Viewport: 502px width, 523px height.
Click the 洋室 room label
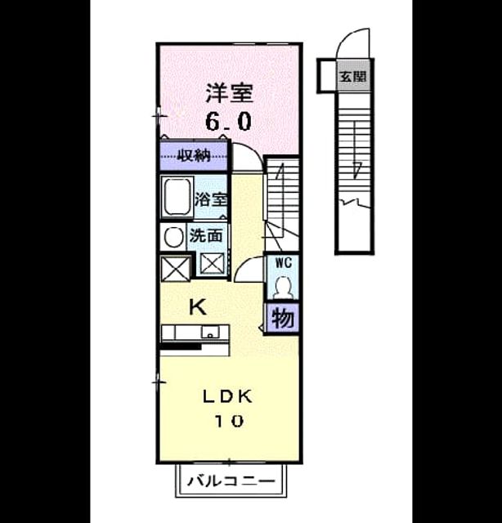229,93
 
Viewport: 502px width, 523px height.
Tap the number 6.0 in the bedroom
228,122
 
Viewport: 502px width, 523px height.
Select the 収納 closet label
194,155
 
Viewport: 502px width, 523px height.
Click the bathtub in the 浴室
177,197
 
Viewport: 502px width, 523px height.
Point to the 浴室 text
211,199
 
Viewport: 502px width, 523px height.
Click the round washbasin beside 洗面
173,237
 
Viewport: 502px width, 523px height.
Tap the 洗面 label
205,235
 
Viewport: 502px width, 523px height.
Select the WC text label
283,262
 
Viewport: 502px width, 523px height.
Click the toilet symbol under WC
284,287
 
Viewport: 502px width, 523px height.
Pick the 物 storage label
282,318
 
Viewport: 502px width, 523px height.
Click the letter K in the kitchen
198,307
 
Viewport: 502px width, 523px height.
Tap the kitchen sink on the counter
210,333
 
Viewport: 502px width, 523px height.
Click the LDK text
227,396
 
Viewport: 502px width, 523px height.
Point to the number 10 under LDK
229,421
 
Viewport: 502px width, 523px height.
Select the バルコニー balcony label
231,481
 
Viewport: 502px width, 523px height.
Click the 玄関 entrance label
353,76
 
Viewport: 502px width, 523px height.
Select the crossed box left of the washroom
175,268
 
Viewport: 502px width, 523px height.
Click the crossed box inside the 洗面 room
213,264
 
